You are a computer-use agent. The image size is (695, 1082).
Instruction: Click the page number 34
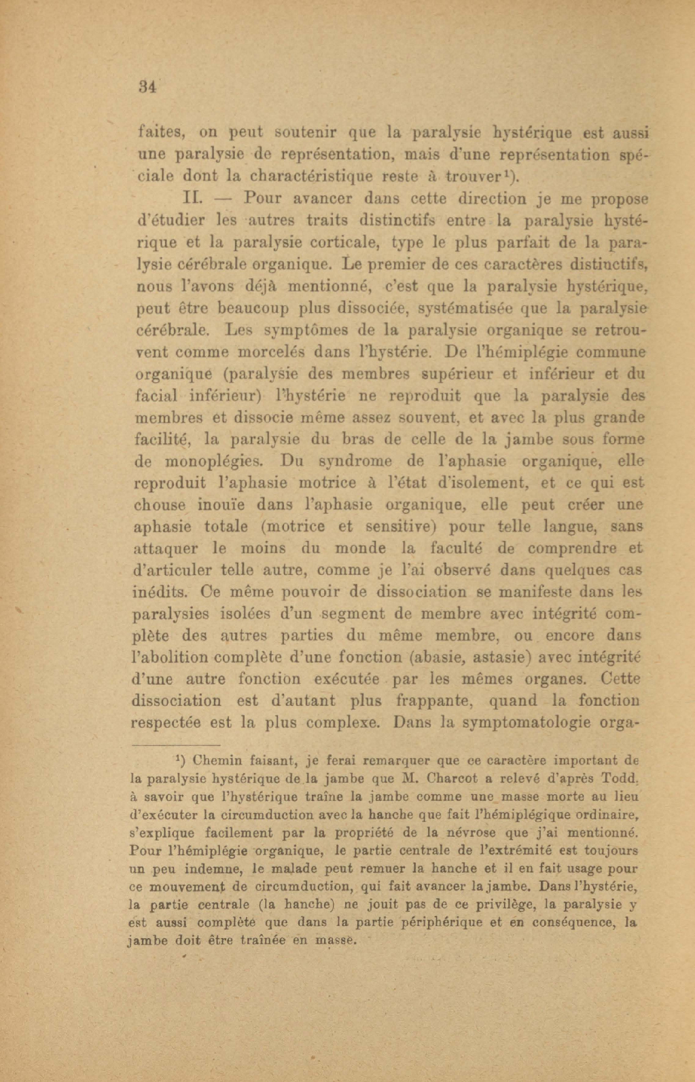point(147,86)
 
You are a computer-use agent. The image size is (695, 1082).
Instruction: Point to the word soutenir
point(305,132)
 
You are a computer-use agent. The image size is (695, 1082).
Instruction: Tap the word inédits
point(155,592)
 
